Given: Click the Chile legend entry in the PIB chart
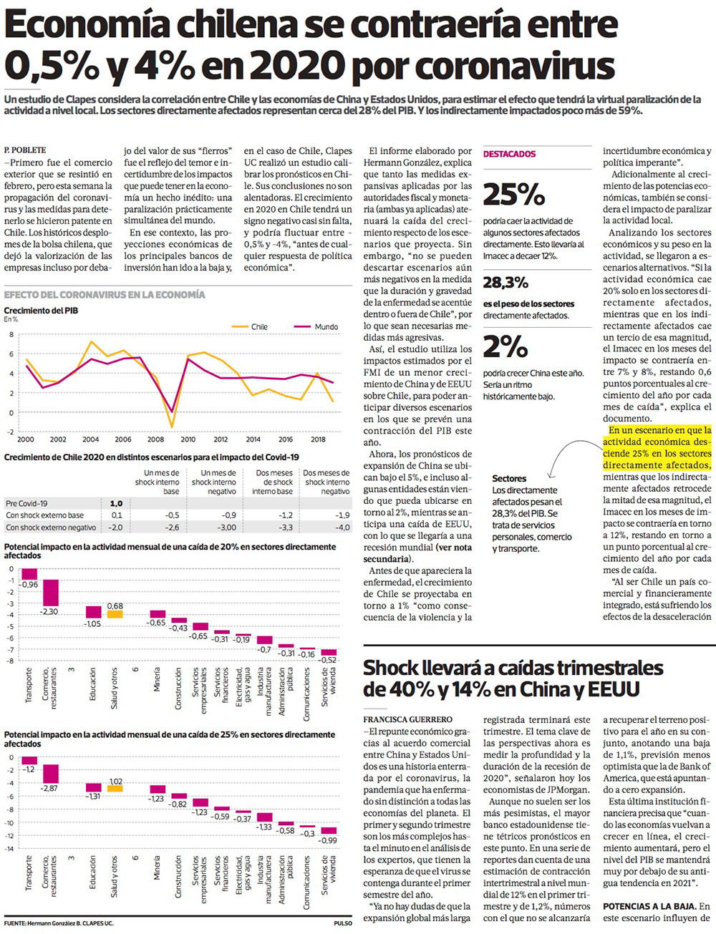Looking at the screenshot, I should (x=258, y=326).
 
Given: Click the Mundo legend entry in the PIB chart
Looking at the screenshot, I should (x=326, y=326).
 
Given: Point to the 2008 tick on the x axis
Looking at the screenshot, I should (x=156, y=439).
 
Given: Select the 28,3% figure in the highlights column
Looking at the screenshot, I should (x=505, y=283).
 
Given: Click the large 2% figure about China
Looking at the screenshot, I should (x=505, y=347).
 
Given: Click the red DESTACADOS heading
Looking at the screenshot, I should (x=509, y=154).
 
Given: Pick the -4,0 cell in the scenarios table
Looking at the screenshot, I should (x=343, y=527).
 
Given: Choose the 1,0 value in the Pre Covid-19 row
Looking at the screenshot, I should (x=116, y=503).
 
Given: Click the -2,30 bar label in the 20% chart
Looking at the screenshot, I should (x=49, y=612).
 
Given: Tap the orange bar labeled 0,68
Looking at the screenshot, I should (x=115, y=613).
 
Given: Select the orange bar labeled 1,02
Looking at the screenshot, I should (x=115, y=788).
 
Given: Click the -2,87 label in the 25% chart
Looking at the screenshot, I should (x=49, y=787).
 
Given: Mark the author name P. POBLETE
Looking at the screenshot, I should (x=25, y=150).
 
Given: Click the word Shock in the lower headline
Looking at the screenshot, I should (x=392, y=668).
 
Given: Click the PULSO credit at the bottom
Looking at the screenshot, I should (x=342, y=923).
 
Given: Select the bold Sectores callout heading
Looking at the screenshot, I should (x=509, y=478).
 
